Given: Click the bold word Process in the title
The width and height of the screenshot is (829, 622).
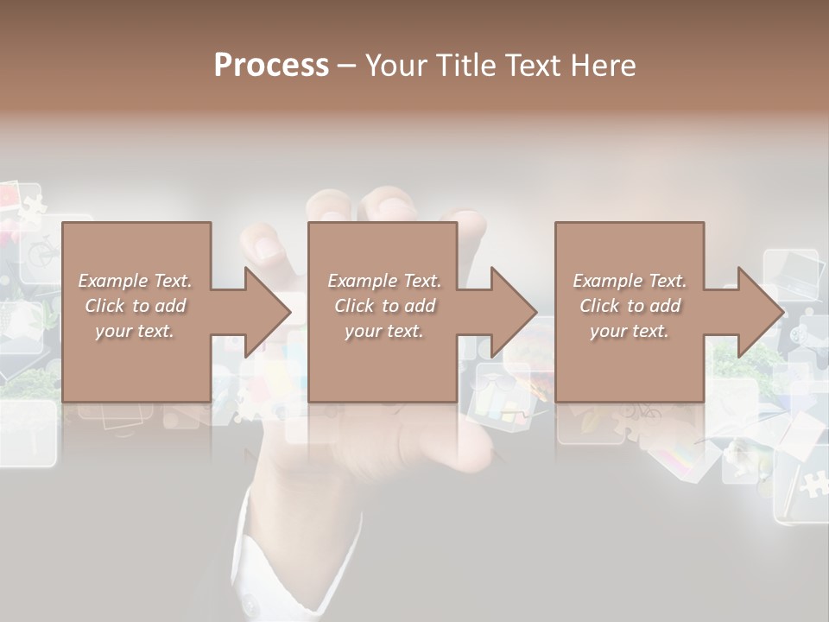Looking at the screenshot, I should coord(271,66).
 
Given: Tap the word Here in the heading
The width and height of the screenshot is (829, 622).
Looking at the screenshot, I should coord(602,66).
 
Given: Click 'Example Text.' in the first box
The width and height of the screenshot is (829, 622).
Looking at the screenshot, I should coord(135,281).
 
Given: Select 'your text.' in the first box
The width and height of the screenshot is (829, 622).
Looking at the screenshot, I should coord(135,331).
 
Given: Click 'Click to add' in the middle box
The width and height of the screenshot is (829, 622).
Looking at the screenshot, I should coord(384,306).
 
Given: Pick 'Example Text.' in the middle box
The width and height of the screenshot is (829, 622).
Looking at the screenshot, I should coord(384,281).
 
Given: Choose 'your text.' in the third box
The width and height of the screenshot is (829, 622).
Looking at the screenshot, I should coord(630,331).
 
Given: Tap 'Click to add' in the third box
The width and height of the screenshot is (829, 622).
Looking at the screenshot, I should coord(630,306).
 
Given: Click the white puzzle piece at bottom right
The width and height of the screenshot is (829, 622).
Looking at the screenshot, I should coord(812,484).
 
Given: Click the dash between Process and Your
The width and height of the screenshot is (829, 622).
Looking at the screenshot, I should coord(347,66).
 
